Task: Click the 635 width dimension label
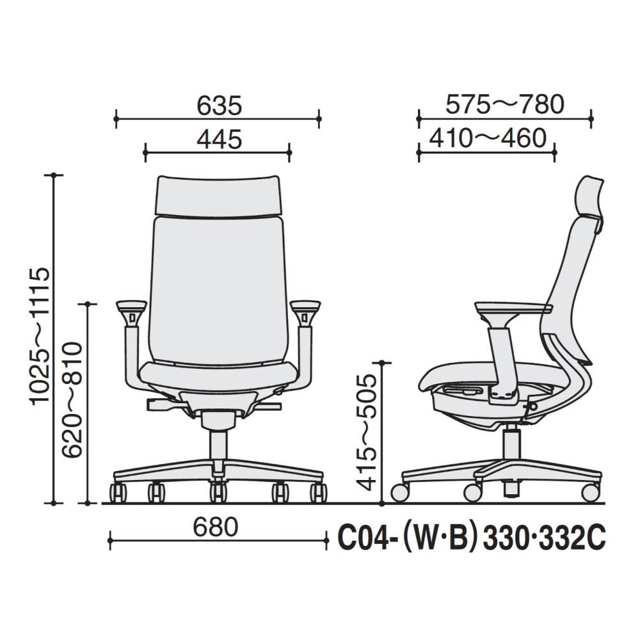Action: pyautogui.click(x=219, y=106)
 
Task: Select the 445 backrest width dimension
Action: pyautogui.click(x=220, y=139)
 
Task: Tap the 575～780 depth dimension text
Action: pyautogui.click(x=505, y=104)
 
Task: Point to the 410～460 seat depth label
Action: pyautogui.click(x=488, y=138)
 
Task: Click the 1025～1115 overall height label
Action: pyautogui.click(x=40, y=336)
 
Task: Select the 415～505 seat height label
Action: pyautogui.click(x=365, y=433)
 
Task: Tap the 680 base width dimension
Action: pyautogui.click(x=216, y=527)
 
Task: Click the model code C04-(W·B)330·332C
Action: pyautogui.click(x=472, y=538)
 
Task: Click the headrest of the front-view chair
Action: pyautogui.click(x=218, y=195)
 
